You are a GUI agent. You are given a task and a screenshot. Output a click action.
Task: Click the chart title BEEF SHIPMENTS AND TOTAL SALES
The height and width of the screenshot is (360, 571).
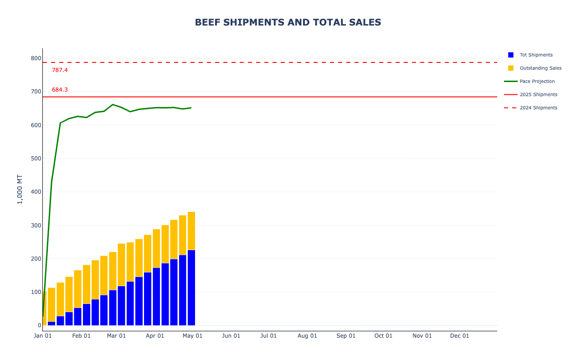[288, 22]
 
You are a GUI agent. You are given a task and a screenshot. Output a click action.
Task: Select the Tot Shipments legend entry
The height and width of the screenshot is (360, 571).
[530, 55]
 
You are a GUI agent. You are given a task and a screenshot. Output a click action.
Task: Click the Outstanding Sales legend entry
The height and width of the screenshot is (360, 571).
[535, 68]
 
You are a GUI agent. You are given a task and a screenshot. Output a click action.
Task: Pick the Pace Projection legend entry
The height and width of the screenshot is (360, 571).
[529, 81]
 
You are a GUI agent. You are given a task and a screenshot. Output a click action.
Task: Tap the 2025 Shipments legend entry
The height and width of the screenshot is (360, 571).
[530, 95]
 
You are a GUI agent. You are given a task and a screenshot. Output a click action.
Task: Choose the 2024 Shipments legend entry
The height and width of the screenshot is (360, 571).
[530, 108]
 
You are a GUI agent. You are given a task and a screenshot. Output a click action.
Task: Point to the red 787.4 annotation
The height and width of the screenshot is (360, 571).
[60, 70]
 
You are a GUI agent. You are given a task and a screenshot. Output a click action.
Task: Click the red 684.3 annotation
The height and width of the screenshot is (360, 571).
[60, 90]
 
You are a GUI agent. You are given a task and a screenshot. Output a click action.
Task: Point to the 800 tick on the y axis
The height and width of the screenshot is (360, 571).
[36, 58]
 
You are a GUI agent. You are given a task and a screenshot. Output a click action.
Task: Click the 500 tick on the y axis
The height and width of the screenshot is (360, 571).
[36, 158]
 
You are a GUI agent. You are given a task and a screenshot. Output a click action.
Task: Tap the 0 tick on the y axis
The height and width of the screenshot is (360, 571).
[40, 325]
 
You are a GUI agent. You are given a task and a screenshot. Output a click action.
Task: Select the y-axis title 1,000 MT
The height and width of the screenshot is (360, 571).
[20, 189]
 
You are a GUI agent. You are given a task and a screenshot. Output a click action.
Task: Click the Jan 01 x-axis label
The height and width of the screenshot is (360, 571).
[42, 336]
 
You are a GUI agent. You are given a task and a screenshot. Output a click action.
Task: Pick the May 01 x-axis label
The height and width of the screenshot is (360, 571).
[192, 336]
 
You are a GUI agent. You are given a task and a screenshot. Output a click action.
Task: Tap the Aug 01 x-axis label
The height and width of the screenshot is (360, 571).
[307, 336]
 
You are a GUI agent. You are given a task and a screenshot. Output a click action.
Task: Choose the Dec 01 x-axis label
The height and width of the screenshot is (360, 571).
[460, 336]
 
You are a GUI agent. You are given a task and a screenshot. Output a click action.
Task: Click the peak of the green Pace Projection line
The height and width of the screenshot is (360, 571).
[113, 104]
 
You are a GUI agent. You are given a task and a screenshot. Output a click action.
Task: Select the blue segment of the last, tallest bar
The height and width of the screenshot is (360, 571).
[191, 288]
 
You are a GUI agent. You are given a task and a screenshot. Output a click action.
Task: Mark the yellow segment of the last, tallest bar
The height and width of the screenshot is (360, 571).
[191, 231]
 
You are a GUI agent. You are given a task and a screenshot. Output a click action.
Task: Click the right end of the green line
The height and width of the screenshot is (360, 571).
[191, 108]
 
